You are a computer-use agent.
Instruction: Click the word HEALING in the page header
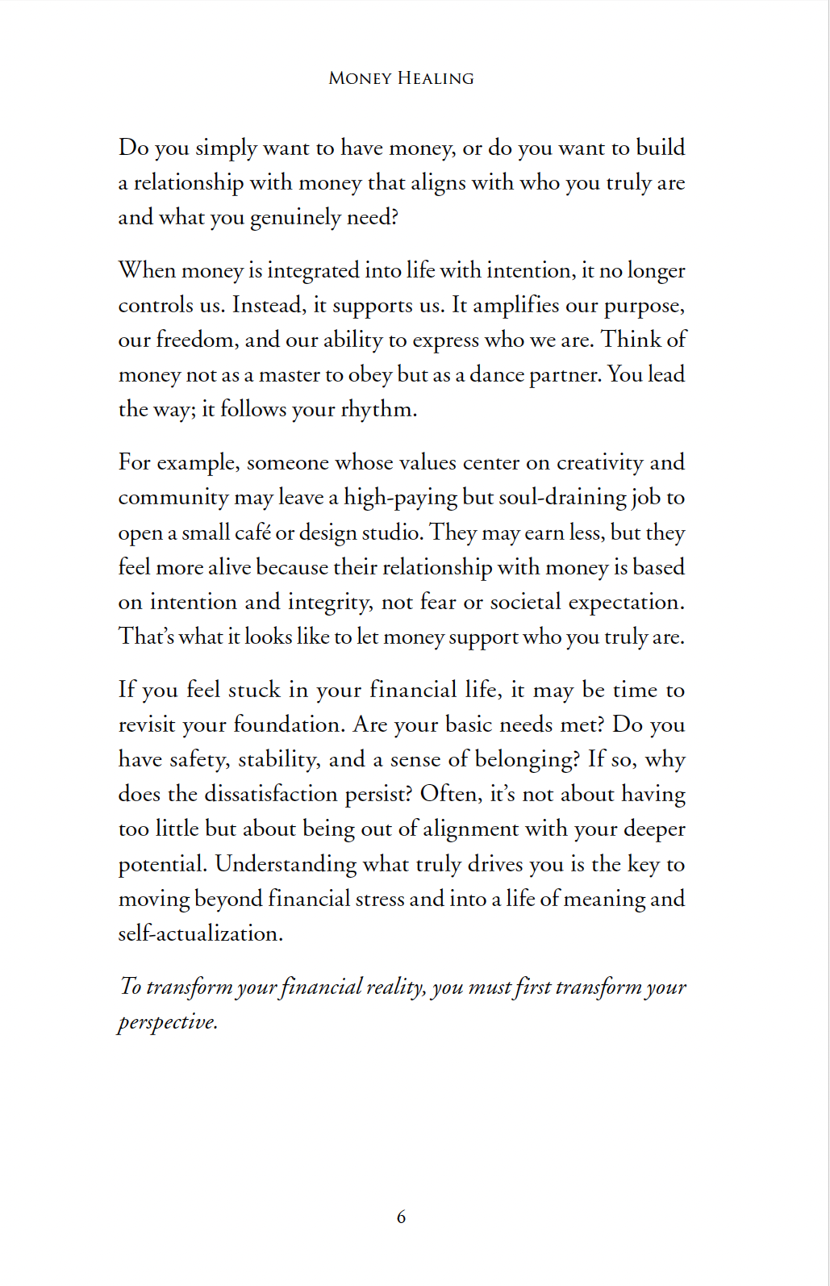(x=436, y=78)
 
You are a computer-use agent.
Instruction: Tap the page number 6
(x=401, y=1217)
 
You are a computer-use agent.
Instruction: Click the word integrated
(x=313, y=270)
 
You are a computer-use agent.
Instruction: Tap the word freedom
(x=196, y=340)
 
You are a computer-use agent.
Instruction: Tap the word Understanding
(x=286, y=864)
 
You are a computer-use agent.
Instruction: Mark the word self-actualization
(x=200, y=933)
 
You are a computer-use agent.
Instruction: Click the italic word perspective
(x=167, y=1022)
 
